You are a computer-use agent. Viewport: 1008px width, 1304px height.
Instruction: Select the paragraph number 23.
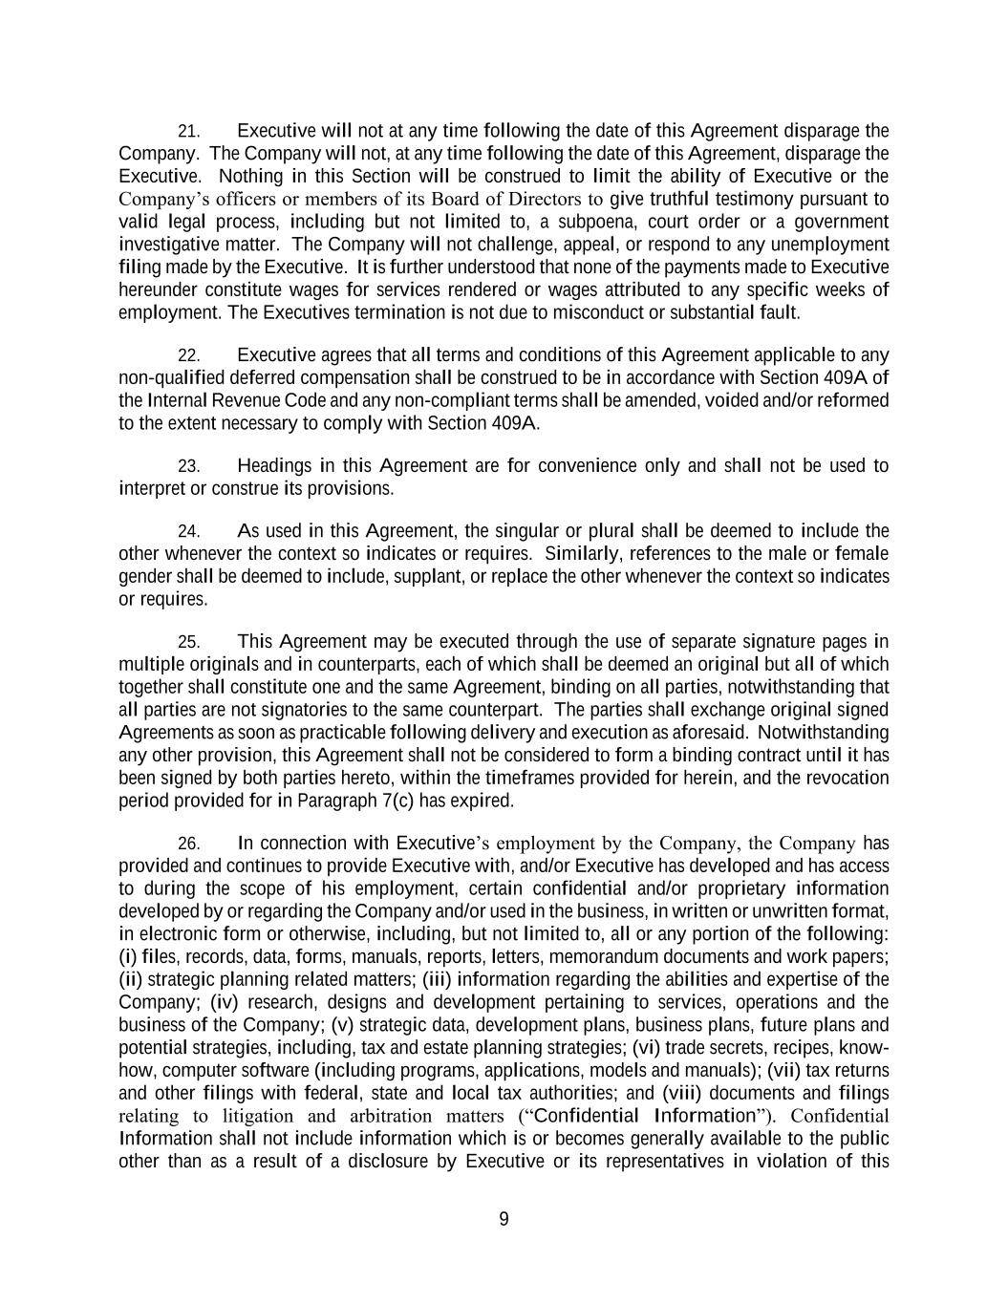tap(188, 466)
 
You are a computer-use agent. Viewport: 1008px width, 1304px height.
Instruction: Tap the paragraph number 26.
tap(188, 844)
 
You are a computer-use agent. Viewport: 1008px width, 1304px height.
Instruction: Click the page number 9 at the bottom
tap(504, 1219)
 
